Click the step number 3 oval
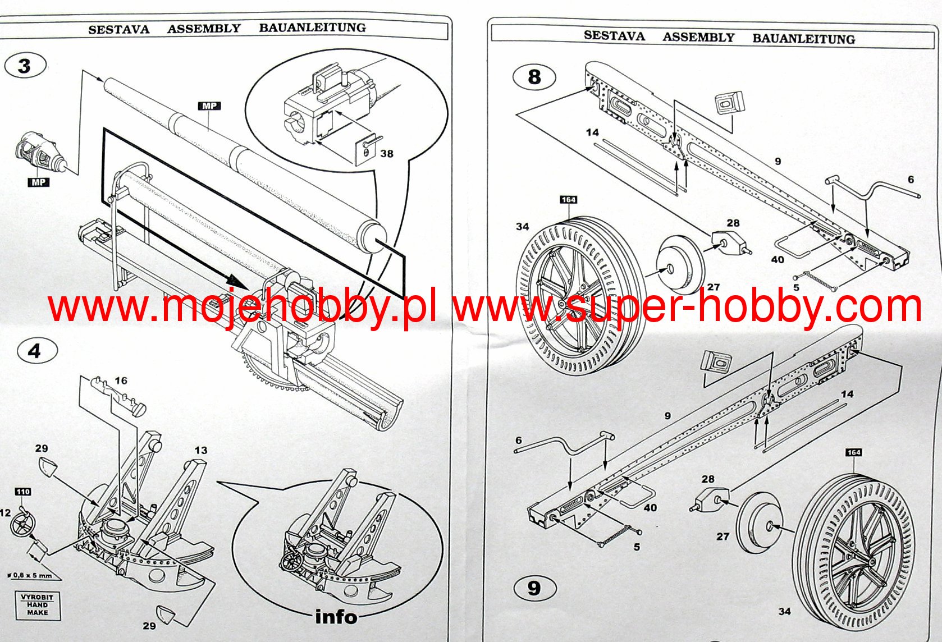pos(25,66)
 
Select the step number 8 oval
pos(534,77)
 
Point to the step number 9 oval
pos(534,588)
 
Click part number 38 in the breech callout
pos(386,153)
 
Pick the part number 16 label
pos(121,380)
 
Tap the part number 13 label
pos(200,450)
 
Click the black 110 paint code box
pos(22,492)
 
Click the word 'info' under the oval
pos(336,617)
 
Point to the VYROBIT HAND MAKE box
pos(38,604)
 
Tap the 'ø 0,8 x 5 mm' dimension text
pos(29,575)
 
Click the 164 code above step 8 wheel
pos(568,200)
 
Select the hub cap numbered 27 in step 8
pos(680,264)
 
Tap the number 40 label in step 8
pos(778,259)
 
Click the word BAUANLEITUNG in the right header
pos(803,39)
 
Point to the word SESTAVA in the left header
pos(118,30)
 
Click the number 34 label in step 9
pos(784,611)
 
